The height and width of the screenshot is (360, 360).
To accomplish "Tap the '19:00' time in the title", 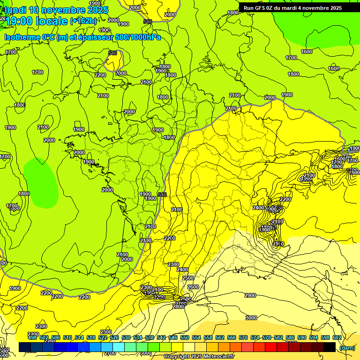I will tap(18, 21).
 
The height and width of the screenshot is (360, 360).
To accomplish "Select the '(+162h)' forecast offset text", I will tap(83, 21).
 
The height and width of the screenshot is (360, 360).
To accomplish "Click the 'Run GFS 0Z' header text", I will tap(260, 8).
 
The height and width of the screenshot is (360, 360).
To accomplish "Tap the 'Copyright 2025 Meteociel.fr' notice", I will tap(199, 357).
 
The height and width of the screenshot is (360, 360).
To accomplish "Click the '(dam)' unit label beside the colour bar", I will tap(346, 348).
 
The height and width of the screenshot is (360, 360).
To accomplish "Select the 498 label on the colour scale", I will tap(32, 337).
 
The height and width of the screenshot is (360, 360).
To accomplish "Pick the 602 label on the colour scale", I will tap(337, 337).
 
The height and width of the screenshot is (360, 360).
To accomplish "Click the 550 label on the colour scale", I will tap(185, 337).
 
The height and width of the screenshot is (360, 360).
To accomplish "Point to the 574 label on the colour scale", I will tap(255, 337).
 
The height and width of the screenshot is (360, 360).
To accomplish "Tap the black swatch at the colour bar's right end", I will tap(330, 347).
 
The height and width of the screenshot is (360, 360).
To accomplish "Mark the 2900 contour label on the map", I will tap(250, 295).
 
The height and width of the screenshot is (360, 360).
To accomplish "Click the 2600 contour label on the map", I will tap(193, 287).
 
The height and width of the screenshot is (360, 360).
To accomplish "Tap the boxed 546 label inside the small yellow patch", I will tap(112, 53).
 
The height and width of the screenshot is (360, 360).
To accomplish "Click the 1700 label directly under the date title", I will tap(11, 52).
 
